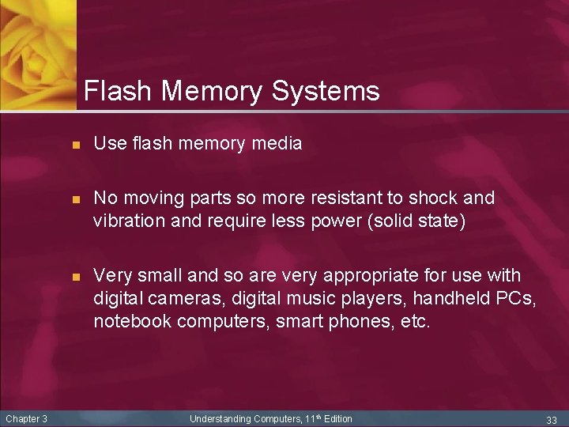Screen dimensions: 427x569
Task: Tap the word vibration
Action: [x=128, y=221]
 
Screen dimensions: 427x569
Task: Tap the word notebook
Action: [x=132, y=322]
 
